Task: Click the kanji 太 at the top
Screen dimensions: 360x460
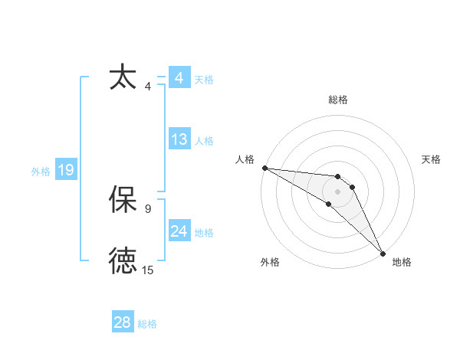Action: [123, 78]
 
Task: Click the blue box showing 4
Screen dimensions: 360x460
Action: [179, 78]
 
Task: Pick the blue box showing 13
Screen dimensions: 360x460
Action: [179, 140]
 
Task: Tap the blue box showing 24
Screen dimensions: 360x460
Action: [179, 232]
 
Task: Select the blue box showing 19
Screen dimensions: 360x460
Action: [65, 170]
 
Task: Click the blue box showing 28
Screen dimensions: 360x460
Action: [123, 322]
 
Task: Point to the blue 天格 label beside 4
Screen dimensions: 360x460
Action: [204, 80]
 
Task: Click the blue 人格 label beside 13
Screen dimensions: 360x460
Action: [204, 141]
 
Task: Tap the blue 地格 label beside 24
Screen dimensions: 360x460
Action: [204, 233]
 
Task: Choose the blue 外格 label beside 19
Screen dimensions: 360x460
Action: [41, 172]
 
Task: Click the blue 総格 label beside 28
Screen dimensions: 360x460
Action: [147, 324]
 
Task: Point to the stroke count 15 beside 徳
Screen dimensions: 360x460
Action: [148, 270]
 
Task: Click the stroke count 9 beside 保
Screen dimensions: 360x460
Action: [148, 208]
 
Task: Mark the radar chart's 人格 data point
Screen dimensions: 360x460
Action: [264, 167]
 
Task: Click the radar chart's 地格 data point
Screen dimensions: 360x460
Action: [383, 254]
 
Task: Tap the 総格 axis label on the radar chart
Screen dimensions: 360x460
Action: [338, 100]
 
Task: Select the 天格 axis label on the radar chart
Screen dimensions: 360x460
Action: [432, 159]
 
